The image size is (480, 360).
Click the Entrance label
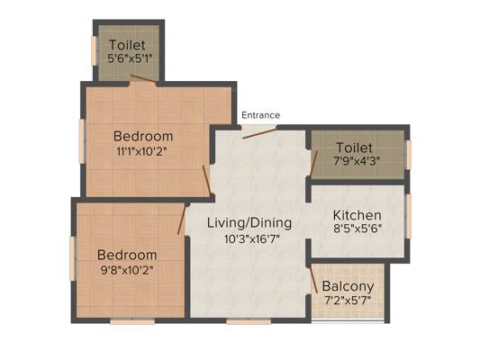260,115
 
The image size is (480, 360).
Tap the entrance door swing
260,132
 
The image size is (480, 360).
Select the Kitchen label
357,215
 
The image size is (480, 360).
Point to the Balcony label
348,286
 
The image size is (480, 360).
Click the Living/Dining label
249,223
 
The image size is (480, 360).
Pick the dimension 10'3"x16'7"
252,238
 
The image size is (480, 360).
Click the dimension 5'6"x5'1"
130,58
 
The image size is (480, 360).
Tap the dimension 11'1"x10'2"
142,151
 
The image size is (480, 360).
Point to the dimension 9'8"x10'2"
127,270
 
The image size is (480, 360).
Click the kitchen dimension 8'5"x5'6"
358,229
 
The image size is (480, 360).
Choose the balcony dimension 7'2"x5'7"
348,300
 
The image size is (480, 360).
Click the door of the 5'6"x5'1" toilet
143,78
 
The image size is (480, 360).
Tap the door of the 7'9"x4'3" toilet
313,164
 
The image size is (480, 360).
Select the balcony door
313,279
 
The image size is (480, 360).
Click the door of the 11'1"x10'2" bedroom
206,180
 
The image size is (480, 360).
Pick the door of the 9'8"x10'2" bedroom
182,220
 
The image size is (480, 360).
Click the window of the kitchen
408,216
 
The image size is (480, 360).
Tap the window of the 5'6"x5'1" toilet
94,50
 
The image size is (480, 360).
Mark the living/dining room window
249,321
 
